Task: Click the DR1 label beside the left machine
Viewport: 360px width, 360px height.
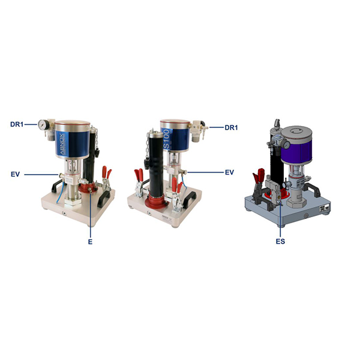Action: click(17, 124)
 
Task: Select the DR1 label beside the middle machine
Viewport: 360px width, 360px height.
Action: click(231, 127)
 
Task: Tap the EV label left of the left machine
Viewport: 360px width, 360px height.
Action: click(15, 174)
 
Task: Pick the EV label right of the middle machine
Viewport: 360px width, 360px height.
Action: click(229, 172)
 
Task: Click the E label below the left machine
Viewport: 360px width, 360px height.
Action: click(90, 242)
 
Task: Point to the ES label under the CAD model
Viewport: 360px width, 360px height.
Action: click(280, 241)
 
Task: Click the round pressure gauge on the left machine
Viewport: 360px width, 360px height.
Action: click(43, 124)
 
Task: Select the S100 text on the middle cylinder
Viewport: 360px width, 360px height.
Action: click(167, 138)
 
